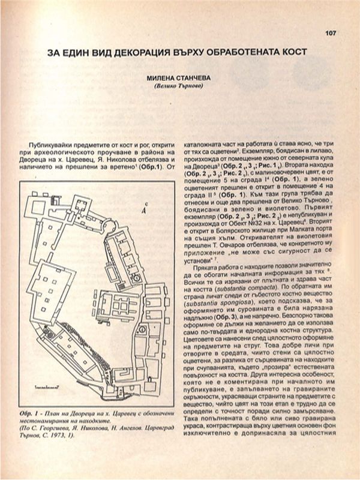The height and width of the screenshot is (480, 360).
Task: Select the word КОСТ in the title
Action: (292, 53)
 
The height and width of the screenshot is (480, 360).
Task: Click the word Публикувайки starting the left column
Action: (51, 146)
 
